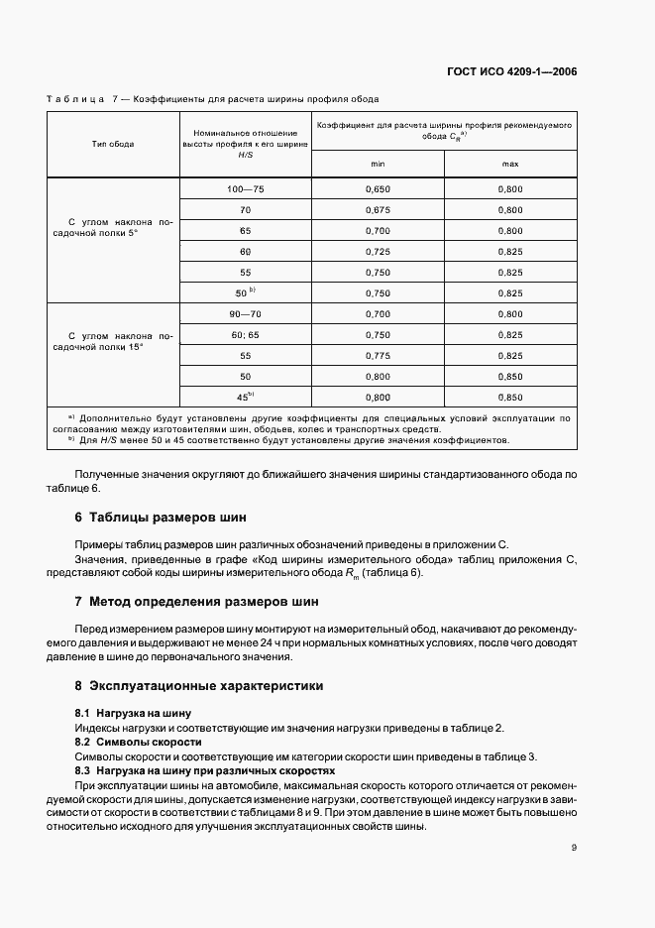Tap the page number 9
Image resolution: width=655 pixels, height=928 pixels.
[575, 848]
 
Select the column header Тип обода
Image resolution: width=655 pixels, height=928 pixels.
[113, 144]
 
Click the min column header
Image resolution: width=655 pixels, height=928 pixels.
[378, 164]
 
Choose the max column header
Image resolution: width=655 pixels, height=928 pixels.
[510, 164]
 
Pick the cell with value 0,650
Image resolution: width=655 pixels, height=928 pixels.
[378, 187]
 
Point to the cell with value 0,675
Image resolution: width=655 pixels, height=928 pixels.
[378, 210]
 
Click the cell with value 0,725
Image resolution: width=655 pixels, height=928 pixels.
[378, 251]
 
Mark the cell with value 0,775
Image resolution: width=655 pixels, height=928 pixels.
[378, 355]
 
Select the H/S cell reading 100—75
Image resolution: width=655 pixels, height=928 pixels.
[245, 187]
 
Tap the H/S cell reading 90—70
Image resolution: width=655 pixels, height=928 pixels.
[245, 313]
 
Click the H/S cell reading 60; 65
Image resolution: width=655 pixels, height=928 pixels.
[245, 334]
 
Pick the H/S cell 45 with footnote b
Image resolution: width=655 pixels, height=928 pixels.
[245, 397]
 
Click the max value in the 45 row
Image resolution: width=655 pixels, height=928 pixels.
[510, 397]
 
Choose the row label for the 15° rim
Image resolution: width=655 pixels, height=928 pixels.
[113, 344]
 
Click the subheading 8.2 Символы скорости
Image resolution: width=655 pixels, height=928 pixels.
[138, 742]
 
